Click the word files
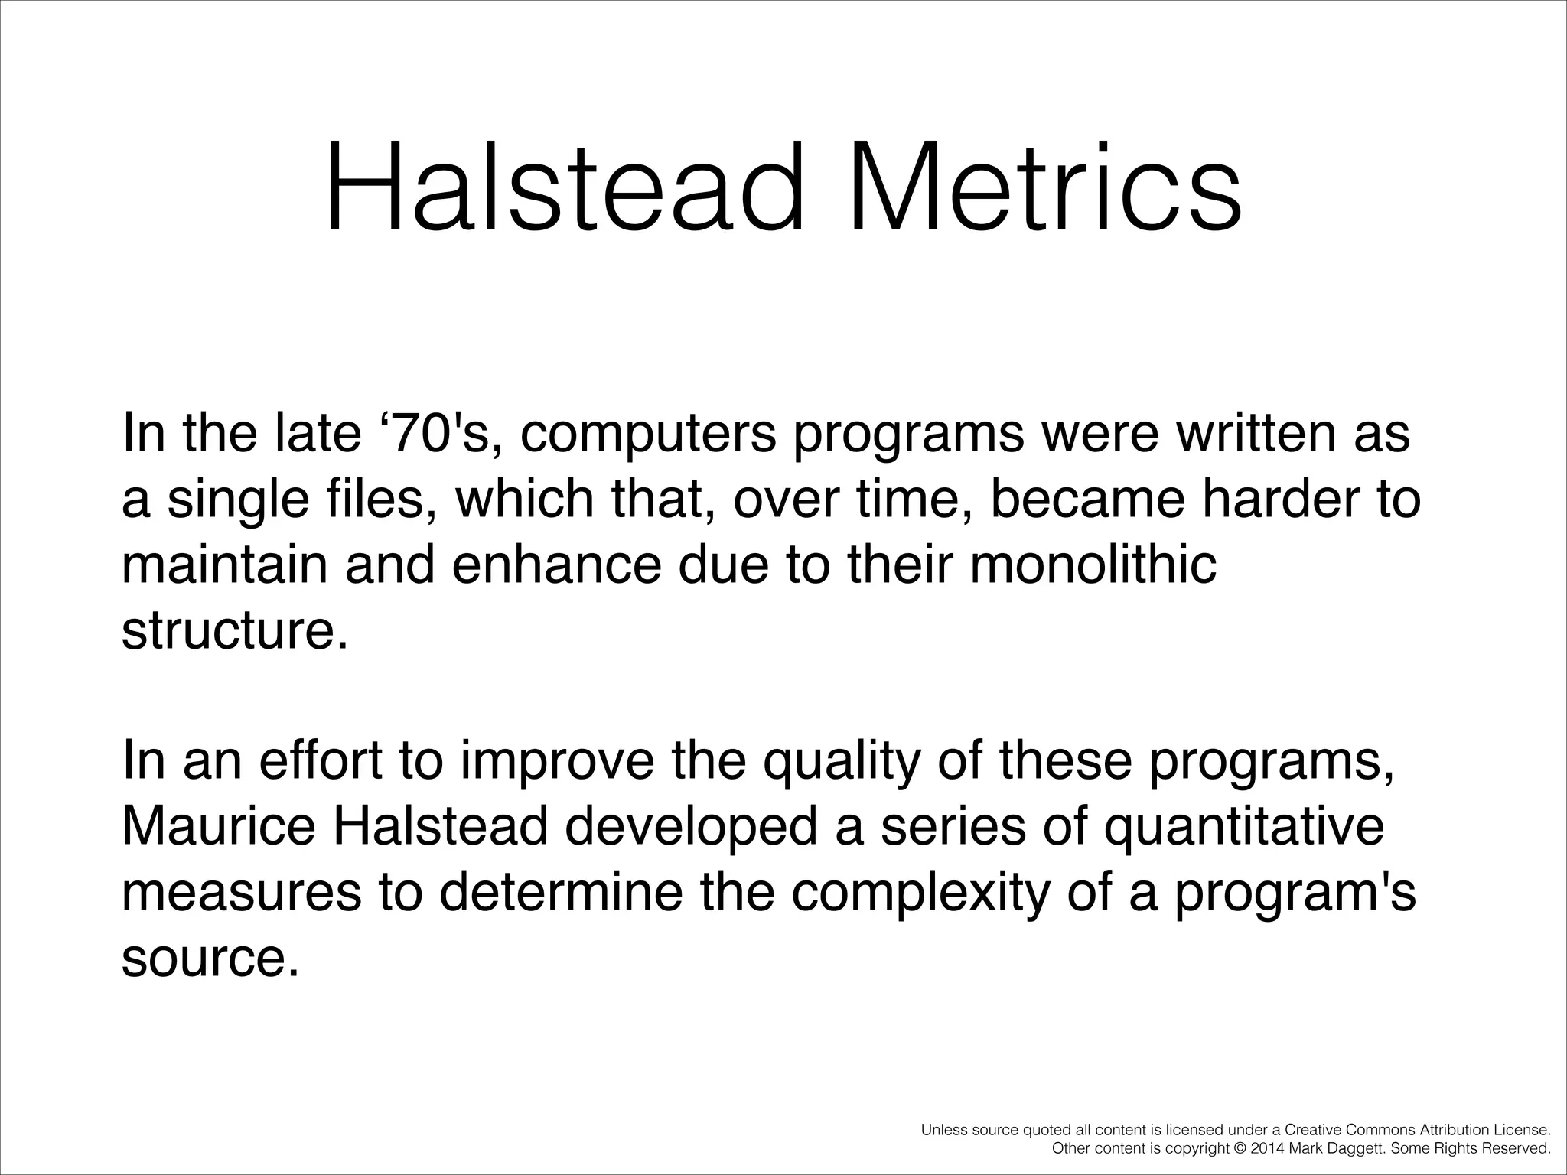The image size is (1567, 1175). click(382, 499)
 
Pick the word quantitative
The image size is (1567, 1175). click(1243, 828)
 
